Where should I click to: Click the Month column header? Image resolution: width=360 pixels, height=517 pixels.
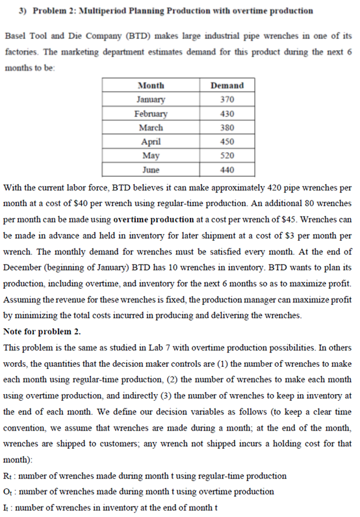151,85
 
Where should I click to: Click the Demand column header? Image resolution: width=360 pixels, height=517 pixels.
227,85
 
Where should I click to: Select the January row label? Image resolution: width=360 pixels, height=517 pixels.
151,99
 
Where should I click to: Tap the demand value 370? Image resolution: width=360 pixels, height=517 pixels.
227,99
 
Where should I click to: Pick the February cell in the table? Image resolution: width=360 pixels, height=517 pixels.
151,114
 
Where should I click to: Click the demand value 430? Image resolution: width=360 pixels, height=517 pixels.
227,114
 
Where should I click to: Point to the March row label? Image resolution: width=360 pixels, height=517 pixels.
151,127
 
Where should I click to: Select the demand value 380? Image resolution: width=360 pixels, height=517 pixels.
227,127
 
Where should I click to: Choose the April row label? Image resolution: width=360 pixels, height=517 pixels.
151,142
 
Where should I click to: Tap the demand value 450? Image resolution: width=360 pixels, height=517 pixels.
227,142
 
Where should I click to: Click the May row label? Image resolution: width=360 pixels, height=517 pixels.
151,156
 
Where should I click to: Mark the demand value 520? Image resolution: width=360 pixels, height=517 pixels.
227,156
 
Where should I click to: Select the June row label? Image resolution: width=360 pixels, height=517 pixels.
151,170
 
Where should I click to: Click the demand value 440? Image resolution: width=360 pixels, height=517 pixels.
227,170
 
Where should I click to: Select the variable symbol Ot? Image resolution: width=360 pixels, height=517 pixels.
8,491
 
